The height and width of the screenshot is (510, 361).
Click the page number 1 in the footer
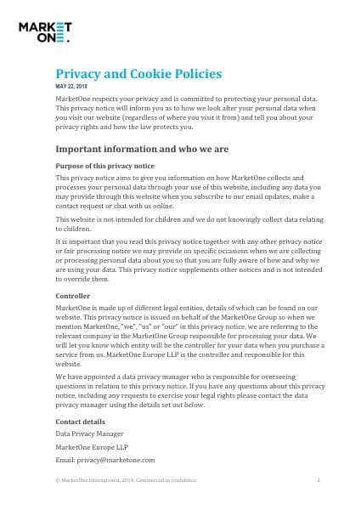click(x=319, y=480)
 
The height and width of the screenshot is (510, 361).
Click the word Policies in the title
click(x=200, y=74)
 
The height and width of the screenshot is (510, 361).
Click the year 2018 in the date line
click(x=93, y=88)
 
